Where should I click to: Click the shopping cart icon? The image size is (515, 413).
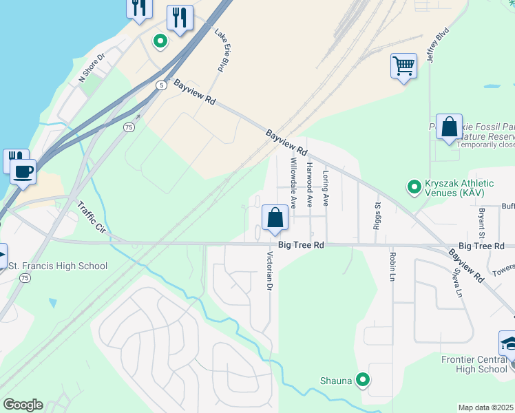(x=403, y=67)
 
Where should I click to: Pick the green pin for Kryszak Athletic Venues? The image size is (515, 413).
(x=414, y=187)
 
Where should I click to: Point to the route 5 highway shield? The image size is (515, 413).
(x=161, y=85)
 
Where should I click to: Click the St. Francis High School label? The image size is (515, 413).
(x=58, y=266)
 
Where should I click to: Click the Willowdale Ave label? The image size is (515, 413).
(x=293, y=183)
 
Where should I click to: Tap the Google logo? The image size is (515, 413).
(x=23, y=405)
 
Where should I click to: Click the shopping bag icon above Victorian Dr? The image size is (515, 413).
(x=275, y=218)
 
